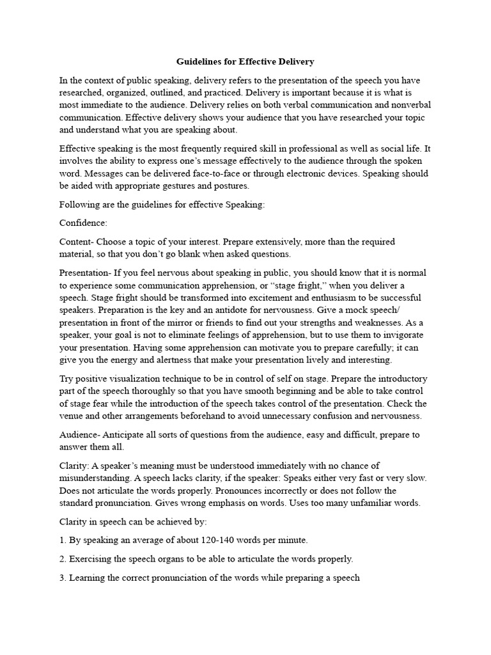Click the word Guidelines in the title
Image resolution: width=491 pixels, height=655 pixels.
point(198,62)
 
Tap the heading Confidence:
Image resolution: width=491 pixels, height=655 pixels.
point(83,223)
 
